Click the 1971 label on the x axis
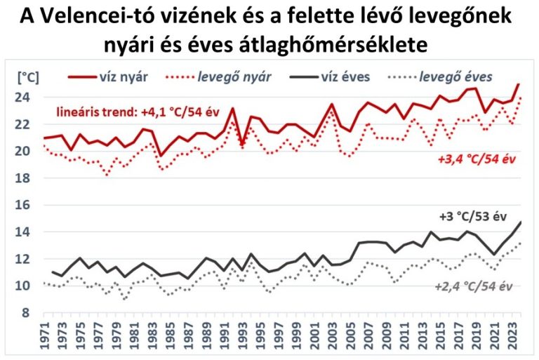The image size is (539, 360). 46,336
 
